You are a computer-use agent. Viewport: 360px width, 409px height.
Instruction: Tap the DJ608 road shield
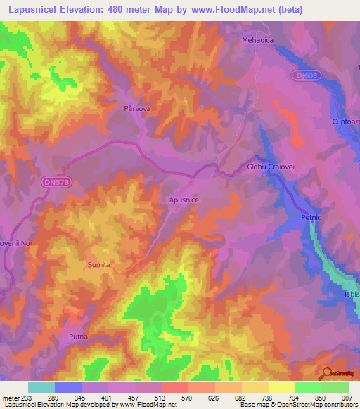[x=303, y=74]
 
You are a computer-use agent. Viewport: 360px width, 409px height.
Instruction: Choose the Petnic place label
[x=310, y=218]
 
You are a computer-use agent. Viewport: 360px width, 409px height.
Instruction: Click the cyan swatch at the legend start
[x=41, y=387]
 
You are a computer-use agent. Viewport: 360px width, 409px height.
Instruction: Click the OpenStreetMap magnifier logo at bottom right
[x=328, y=373]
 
